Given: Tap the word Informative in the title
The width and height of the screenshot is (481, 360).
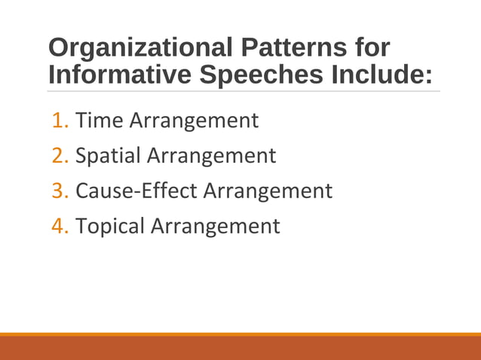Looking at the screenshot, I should coord(121,75).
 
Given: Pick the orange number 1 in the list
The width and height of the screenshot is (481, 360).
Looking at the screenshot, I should coord(60,120).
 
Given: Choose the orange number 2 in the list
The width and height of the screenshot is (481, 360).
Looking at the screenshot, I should coord(60,156).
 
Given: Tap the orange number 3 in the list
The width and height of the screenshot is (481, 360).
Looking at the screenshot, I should coord(60,191).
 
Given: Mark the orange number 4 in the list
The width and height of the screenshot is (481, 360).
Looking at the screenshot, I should coord(60,226).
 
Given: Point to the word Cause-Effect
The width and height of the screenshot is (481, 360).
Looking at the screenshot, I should coord(136,191).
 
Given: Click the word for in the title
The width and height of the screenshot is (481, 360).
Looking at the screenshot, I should coord(372,49).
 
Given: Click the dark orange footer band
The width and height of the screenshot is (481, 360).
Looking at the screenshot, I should coord(240,348).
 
